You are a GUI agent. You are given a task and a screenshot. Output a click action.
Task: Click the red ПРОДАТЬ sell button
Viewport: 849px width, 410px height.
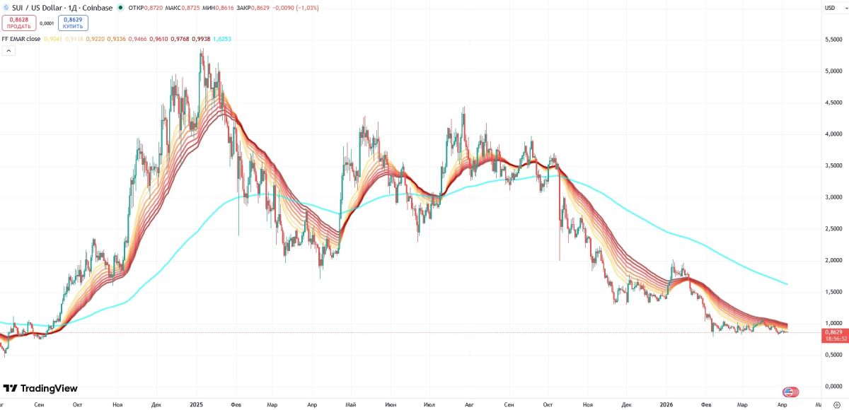tap(20, 23)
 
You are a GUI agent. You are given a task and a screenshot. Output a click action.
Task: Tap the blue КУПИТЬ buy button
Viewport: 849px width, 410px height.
tap(74, 23)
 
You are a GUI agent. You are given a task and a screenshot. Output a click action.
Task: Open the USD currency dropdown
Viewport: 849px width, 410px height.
tap(831, 7)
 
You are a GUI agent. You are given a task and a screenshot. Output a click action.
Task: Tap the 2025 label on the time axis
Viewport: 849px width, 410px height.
tap(197, 404)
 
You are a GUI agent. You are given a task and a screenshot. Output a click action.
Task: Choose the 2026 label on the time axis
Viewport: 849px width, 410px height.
tap(666, 404)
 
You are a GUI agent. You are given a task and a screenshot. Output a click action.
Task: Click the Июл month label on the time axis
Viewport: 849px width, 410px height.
tap(428, 404)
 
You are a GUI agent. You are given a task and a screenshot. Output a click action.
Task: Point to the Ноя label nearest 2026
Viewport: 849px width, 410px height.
tap(587, 404)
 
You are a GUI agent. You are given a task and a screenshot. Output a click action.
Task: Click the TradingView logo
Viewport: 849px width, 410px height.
tap(40, 388)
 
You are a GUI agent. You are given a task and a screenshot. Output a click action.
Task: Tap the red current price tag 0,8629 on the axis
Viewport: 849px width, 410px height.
tap(835, 332)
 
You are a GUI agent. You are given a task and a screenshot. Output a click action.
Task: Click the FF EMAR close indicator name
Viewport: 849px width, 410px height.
tap(21, 39)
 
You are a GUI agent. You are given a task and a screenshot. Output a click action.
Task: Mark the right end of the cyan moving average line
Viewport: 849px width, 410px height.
tap(787, 284)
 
